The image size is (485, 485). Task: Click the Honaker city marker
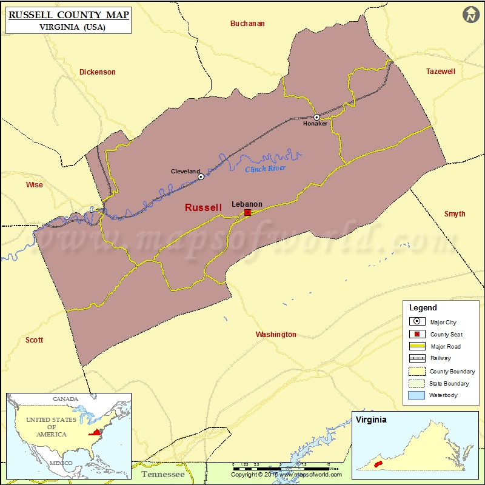coord(316,116)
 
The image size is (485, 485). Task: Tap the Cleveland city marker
coord(201,177)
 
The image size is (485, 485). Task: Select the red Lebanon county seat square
coord(247,213)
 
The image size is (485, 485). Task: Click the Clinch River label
coord(265,169)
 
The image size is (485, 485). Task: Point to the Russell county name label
coord(203,207)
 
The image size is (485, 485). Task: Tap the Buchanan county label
coord(247,24)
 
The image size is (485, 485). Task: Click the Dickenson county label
coord(97,72)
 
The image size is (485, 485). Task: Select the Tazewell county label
coord(440,72)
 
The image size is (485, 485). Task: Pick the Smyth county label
coord(455,214)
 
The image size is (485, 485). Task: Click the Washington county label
coord(276,335)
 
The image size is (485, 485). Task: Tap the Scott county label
coord(34,340)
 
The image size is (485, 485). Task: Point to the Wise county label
coord(34,185)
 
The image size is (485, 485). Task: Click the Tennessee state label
coord(162,474)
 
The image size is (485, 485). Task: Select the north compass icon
coord(470,15)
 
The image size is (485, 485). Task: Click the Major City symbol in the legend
coord(417,322)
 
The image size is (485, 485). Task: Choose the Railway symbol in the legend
coord(417,358)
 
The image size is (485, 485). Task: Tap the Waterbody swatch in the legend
coord(417,395)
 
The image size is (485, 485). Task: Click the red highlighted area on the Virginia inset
coord(378,464)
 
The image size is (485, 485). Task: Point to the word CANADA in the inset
coord(65,399)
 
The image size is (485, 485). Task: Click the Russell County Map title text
coord(69,15)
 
